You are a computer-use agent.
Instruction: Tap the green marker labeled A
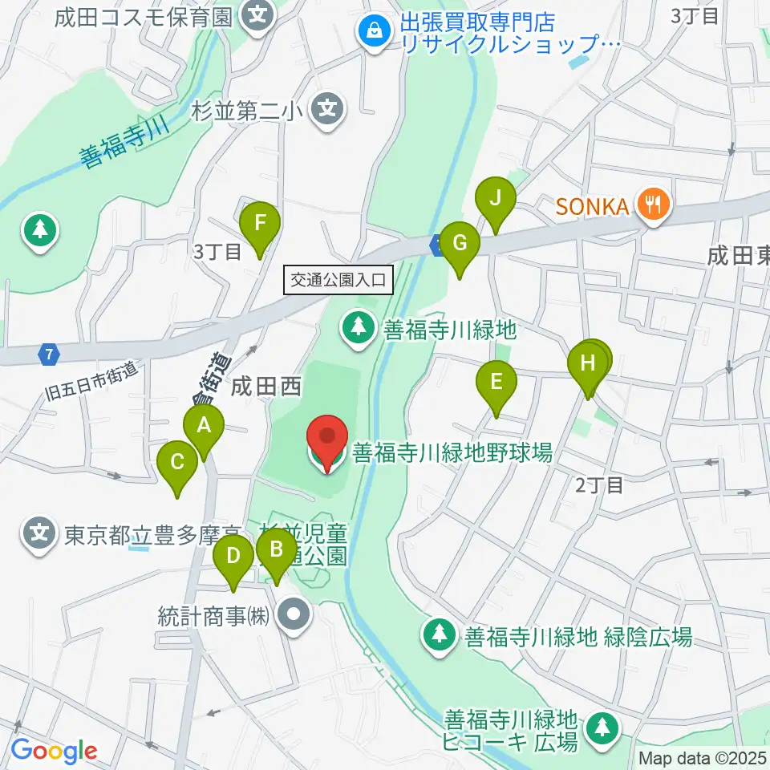(204, 425)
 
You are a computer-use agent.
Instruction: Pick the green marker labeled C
(177, 463)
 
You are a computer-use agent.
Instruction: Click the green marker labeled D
(233, 556)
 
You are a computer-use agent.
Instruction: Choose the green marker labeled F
(260, 224)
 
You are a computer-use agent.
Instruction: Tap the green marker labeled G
(460, 244)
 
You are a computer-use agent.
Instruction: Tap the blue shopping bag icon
(374, 32)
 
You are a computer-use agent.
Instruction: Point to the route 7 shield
(51, 352)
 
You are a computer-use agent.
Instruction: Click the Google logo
(54, 751)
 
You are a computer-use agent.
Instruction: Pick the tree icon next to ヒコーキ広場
(602, 727)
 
